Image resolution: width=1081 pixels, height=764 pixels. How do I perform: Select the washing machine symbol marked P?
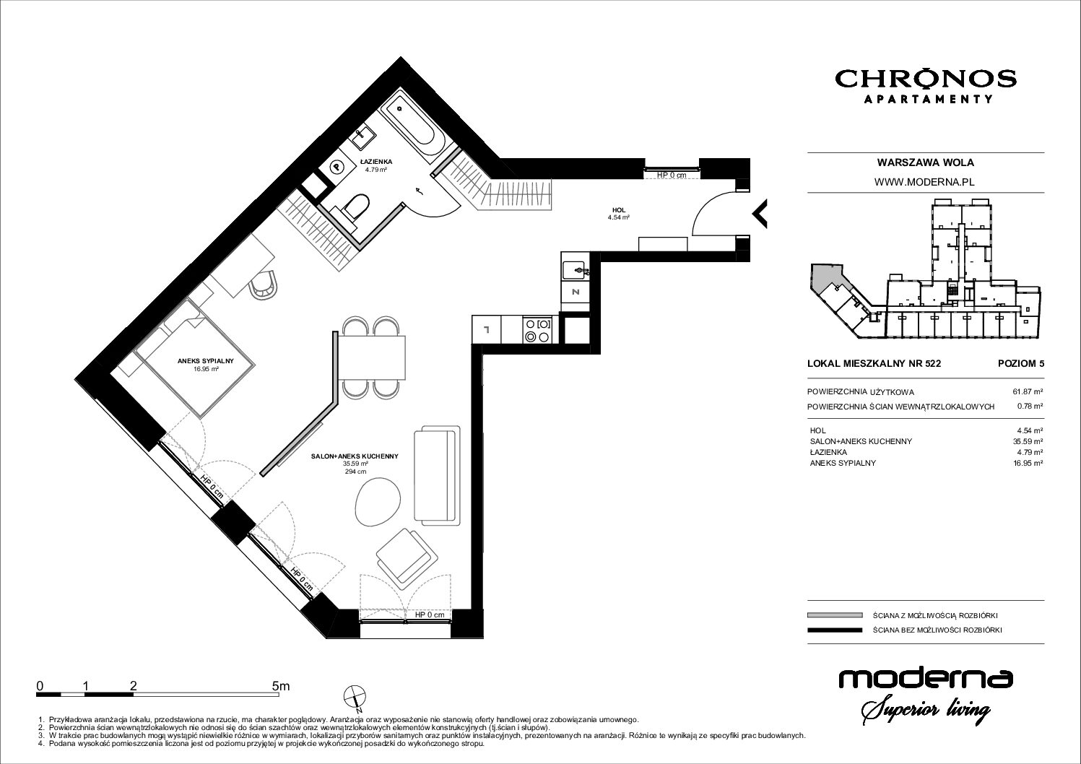pyautogui.click(x=336, y=168)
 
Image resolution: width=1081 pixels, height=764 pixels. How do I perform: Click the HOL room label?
pyautogui.click(x=619, y=210)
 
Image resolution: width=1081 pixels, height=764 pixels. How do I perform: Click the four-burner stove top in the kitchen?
pyautogui.click(x=537, y=329)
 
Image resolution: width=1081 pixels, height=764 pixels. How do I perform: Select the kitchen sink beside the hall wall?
pyautogui.click(x=576, y=268)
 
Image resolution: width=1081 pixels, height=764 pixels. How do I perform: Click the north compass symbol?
pyautogui.click(x=355, y=698)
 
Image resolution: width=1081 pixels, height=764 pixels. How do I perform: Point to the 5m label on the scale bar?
pyautogui.click(x=281, y=686)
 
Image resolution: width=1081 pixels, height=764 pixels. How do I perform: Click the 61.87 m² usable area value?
pyautogui.click(x=1028, y=392)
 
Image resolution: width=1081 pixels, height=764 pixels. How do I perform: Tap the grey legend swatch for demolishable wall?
pyautogui.click(x=835, y=615)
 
